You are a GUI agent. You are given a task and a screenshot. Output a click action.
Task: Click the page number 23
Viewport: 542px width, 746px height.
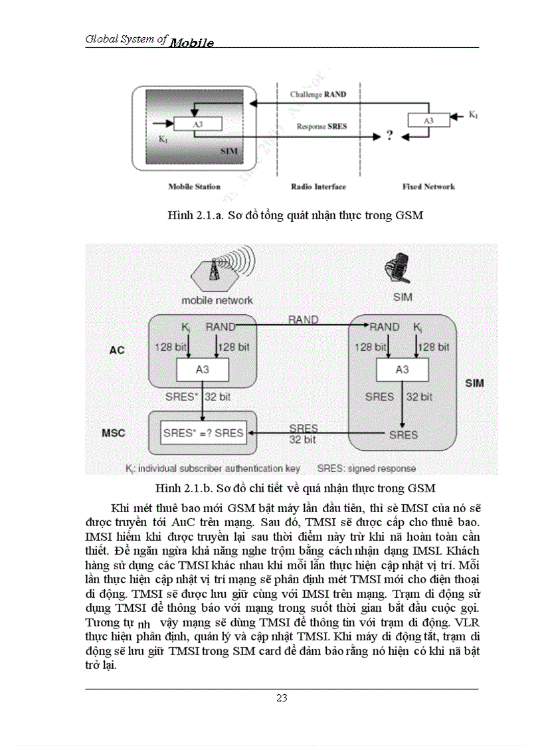coord(282,698)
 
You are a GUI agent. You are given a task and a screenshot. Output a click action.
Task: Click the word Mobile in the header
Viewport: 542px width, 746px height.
coord(191,43)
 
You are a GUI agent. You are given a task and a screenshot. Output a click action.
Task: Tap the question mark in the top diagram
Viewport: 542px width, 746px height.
coord(390,136)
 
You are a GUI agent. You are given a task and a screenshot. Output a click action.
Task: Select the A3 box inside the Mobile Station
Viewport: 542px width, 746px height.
coord(197,124)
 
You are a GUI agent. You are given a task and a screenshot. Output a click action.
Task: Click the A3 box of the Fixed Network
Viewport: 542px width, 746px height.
coord(428,120)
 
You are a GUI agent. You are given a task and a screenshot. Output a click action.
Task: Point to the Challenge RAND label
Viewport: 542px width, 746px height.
coord(317,94)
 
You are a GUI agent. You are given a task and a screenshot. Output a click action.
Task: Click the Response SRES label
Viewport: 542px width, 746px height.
coord(321,126)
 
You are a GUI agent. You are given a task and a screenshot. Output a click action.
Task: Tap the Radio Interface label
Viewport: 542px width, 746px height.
coord(318,187)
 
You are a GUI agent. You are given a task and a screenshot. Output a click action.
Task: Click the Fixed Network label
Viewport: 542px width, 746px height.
coord(428,187)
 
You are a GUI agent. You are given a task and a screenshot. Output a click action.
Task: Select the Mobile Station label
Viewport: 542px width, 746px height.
coord(194,187)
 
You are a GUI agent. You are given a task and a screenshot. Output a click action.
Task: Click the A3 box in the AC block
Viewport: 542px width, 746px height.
coord(203,370)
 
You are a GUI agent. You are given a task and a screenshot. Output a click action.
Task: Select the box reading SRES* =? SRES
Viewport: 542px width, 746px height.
coord(203,433)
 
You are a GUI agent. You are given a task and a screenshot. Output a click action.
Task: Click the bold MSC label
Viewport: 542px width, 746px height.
coord(114,433)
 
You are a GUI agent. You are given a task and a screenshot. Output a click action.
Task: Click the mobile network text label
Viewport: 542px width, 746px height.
coord(217,300)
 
